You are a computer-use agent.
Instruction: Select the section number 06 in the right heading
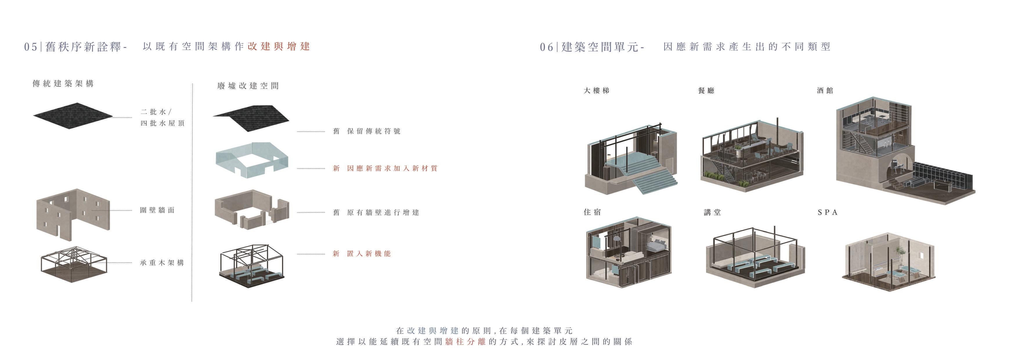pos(546,47)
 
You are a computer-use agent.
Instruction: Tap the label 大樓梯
pos(596,91)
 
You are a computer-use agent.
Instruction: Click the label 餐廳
pos(706,91)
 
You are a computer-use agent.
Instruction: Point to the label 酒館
pos(825,91)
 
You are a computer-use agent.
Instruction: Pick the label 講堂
pos(712,212)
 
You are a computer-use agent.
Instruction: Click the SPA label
pos(828,212)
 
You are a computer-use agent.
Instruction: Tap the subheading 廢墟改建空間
pos(248,86)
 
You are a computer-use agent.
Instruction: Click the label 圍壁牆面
pos(157,210)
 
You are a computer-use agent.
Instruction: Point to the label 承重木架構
pos(162,263)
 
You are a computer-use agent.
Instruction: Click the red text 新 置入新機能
pos(362,254)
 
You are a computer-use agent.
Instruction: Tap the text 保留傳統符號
pos(373,131)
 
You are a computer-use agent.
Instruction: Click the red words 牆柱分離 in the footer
pos(465,341)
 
